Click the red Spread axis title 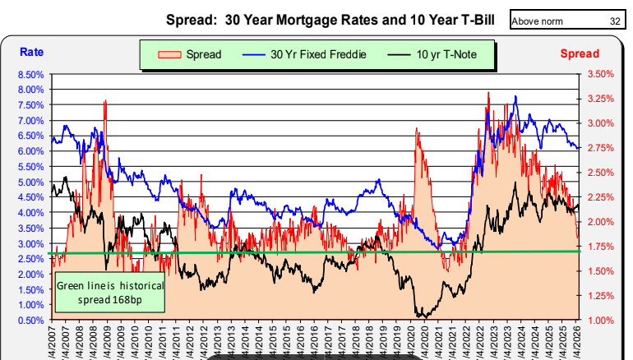click(580, 54)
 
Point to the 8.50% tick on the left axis click(30, 74)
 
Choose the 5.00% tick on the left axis click(30, 182)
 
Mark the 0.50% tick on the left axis click(30, 320)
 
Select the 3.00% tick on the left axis click(30, 243)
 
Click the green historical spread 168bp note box click(109, 292)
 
